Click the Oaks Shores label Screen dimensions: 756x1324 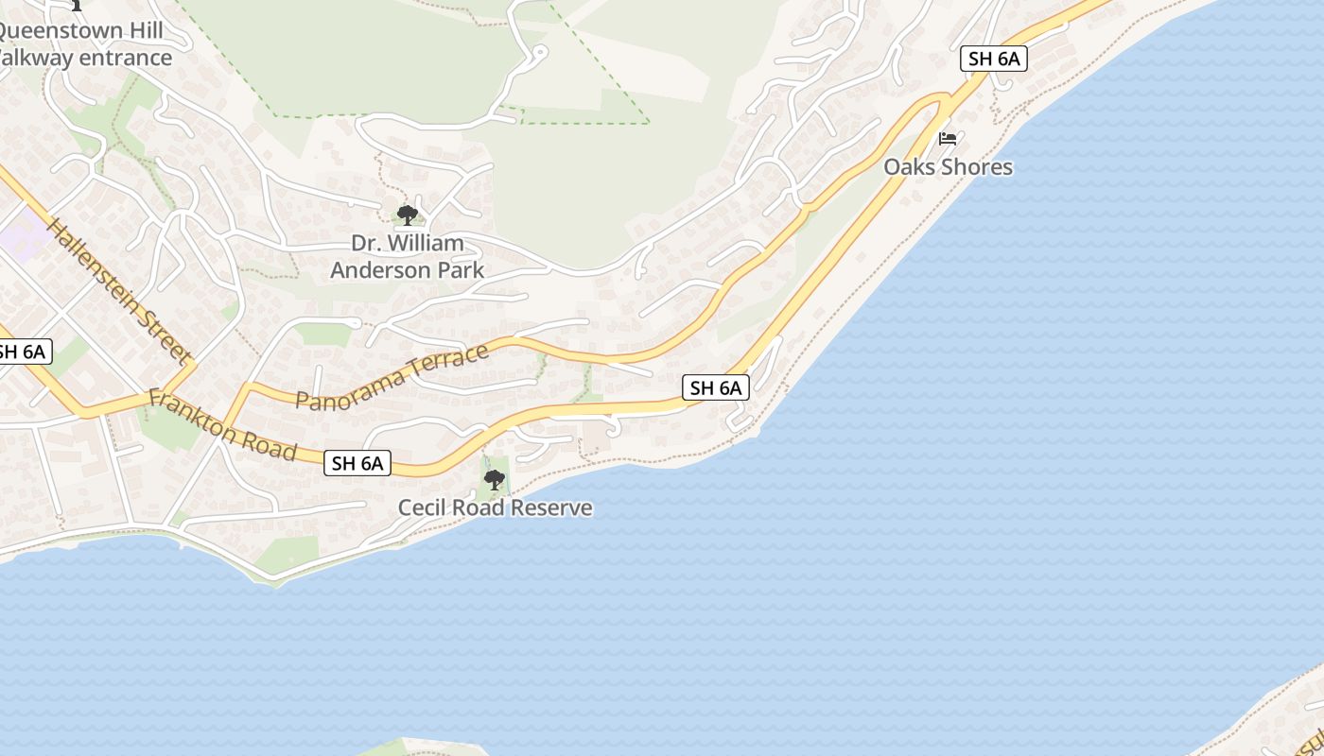pos(948,167)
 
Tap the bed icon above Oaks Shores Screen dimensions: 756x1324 pos(948,139)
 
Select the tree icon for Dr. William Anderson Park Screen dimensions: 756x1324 pos(407,215)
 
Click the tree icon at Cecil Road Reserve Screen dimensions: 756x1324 pos(494,480)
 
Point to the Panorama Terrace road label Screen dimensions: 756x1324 pos(392,377)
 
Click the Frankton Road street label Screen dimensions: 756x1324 pos(222,425)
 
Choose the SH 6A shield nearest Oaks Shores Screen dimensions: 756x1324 pos(994,59)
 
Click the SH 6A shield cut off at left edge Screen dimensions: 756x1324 pos(21,352)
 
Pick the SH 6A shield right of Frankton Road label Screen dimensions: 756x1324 pos(357,463)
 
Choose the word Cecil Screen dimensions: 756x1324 pos(420,508)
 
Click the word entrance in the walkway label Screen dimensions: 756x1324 pos(125,58)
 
